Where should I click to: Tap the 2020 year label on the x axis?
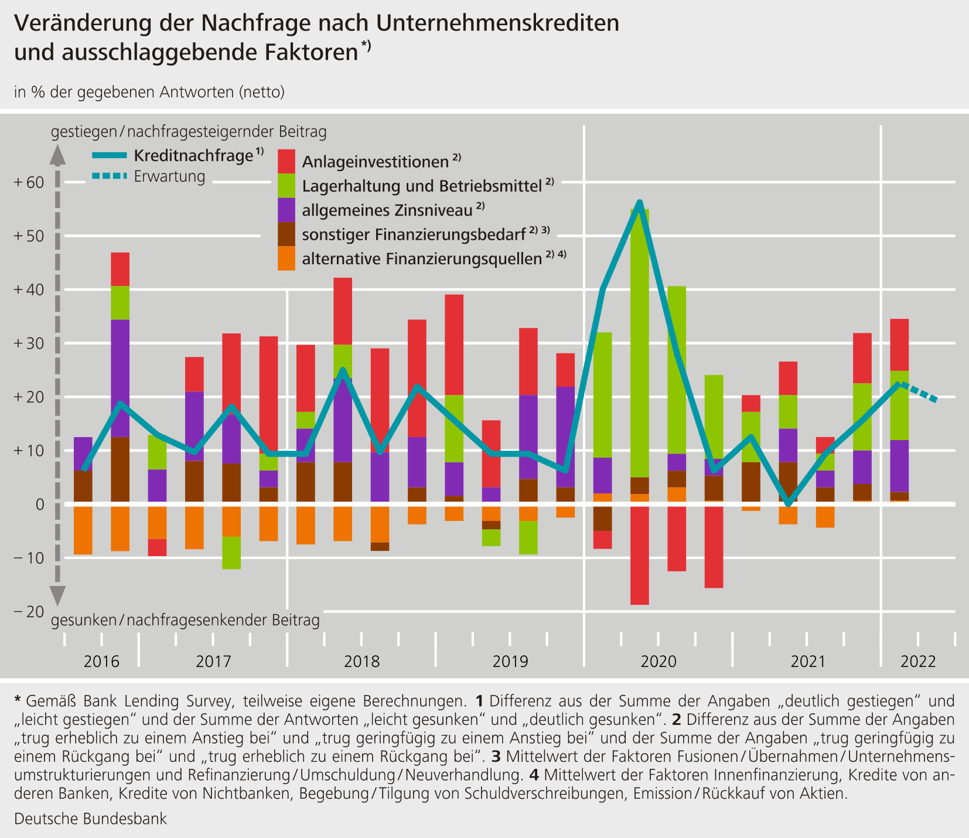[658, 662]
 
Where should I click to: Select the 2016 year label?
[101, 662]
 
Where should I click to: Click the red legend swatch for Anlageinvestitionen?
[286, 161]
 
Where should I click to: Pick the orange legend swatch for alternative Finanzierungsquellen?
[286, 258]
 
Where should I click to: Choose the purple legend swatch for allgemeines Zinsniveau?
[286, 210]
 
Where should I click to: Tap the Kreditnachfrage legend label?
[193, 156]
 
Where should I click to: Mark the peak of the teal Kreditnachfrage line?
[640, 202]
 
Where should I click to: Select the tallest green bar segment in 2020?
[639, 343]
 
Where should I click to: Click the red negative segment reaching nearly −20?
[639, 556]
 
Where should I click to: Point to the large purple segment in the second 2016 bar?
[120, 378]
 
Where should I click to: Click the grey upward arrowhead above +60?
[57, 155]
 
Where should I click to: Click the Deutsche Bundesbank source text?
[90, 819]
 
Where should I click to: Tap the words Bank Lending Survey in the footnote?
[165, 700]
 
